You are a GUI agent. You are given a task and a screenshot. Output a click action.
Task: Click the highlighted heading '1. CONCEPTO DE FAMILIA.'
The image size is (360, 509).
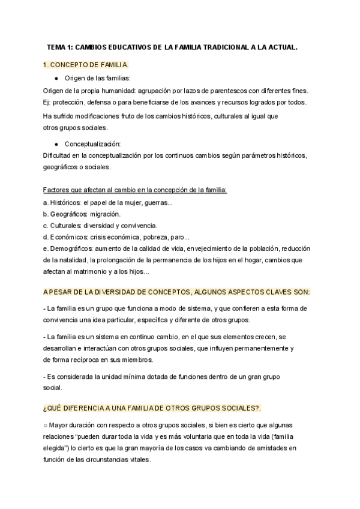point(86,64)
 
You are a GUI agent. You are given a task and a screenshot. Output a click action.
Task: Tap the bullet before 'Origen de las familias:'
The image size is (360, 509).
point(56,79)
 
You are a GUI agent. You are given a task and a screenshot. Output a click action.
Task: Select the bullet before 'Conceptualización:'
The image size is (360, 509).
point(56,144)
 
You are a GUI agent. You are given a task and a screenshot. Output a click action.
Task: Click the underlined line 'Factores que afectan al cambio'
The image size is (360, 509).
point(135,190)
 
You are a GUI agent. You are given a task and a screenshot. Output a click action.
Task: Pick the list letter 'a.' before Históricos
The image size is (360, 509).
point(46,202)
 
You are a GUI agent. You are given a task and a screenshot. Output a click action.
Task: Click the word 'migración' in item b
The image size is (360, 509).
point(104,214)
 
